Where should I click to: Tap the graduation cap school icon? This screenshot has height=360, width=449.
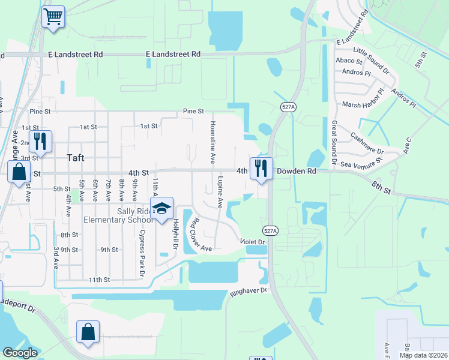click(x=161, y=208)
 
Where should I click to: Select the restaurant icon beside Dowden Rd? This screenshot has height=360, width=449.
click(x=261, y=169)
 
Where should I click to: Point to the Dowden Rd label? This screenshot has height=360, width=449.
click(x=296, y=171)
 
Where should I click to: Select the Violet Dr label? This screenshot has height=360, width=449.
click(x=253, y=242)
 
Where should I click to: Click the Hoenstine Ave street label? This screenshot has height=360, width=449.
click(x=211, y=142)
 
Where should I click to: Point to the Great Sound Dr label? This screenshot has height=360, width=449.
click(x=334, y=142)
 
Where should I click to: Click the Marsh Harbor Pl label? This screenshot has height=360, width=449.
click(x=363, y=104)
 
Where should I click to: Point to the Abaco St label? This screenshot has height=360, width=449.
click(x=349, y=61)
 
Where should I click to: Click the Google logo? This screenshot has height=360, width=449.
click(x=20, y=353)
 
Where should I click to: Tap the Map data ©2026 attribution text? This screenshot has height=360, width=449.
click(x=423, y=355)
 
